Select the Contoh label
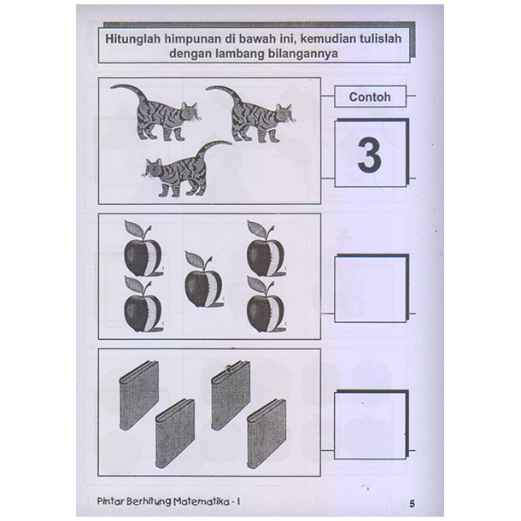pyautogui.click(x=370, y=97)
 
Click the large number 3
pyautogui.click(x=370, y=155)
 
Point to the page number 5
pyautogui.click(x=412, y=504)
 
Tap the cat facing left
pyautogui.click(x=186, y=169)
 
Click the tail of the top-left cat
pyautogui.click(x=129, y=93)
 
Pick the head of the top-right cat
pyautogui.click(x=284, y=113)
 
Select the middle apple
pyautogui.click(x=203, y=279)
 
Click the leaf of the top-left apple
pyautogui.click(x=134, y=228)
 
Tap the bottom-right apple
pyautogui.click(x=266, y=304)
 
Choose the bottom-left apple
pyautogui.click(x=143, y=304)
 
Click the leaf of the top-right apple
pyautogui.click(x=256, y=228)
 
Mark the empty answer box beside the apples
pyautogui.click(x=372, y=289)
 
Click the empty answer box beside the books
pyautogui.click(x=372, y=424)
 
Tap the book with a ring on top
pyautogui.click(x=231, y=395)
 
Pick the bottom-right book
pyautogui.click(x=266, y=434)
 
